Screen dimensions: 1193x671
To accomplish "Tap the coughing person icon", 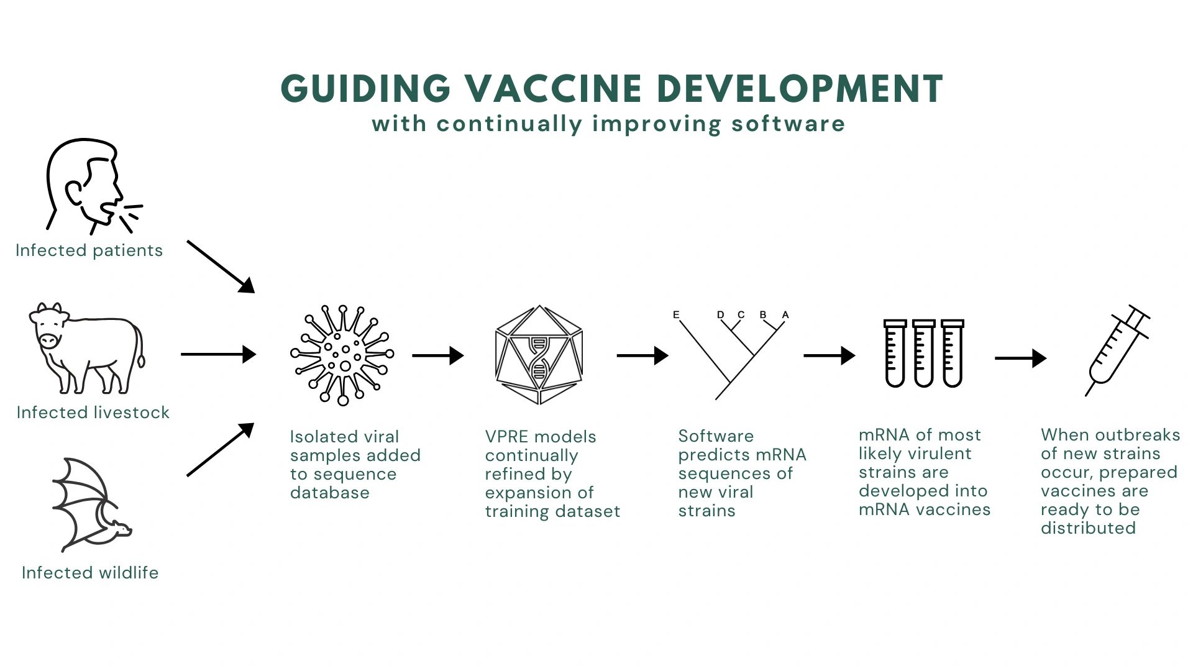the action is coord(93,186).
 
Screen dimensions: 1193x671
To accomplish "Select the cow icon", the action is coord(87,348).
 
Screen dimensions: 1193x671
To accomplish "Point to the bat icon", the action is coord(91,504).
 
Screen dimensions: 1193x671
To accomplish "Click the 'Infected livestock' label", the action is coord(93,413).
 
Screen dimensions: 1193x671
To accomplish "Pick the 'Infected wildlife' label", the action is coord(90,573).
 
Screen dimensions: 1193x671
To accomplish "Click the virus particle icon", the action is coord(342,355).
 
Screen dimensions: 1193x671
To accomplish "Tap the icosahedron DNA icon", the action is coord(539,355).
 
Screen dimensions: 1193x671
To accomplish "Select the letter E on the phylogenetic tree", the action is coord(676,315).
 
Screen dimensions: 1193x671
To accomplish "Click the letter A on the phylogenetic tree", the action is coord(785,315).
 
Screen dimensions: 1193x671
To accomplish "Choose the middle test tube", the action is coord(924,354).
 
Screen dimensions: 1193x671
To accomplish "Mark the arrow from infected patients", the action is coord(221,267).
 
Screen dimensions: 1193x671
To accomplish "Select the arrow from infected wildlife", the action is coord(221,450).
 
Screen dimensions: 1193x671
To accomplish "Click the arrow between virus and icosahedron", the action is coord(438,355).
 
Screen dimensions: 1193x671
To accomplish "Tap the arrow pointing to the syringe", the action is coord(1021,358).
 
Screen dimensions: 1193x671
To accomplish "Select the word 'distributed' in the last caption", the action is coord(1088,528).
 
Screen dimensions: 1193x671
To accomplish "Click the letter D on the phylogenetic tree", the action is coord(721,315).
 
